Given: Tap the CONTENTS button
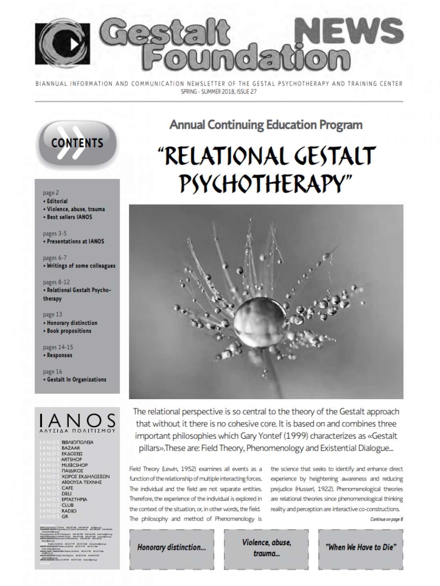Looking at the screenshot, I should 77,143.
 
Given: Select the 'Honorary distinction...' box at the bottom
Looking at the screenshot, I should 171,548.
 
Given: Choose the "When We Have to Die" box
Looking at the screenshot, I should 360,548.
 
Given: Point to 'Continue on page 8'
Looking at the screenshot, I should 386,519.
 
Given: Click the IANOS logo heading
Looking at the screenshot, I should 77,420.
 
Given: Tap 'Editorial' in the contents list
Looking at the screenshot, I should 57,201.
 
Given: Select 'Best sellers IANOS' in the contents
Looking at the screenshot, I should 69,217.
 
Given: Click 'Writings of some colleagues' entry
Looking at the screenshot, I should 81,266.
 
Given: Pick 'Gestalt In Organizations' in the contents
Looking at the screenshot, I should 76,380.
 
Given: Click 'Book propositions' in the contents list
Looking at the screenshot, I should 69,331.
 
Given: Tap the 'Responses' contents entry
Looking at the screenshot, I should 60,355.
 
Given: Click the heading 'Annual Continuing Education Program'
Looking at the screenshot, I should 266,125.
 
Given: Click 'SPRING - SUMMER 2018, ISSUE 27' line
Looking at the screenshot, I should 219,92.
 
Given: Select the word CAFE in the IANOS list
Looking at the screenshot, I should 68,488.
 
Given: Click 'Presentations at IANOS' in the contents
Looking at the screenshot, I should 75,241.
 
